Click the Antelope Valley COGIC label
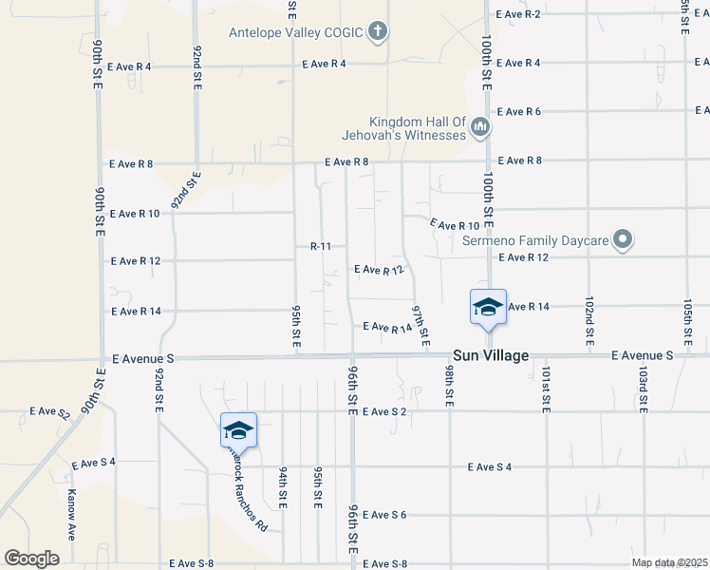point(296,32)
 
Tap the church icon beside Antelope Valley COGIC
point(378,32)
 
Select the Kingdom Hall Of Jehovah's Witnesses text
point(419,128)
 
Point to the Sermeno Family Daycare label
point(535,240)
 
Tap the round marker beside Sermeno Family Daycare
point(623,240)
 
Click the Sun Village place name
point(490,356)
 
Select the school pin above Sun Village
point(488,307)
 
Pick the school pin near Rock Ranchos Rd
point(238,431)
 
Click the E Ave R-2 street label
point(518,13)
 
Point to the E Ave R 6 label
point(518,112)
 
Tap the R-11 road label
point(320,246)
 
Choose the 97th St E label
point(420,325)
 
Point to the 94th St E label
point(283,485)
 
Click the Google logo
point(31,559)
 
